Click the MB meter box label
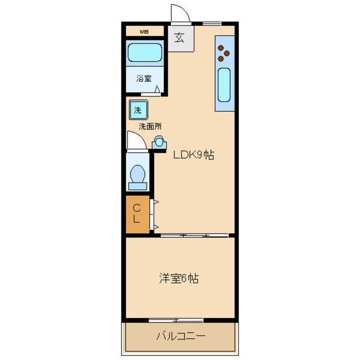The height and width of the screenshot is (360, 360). tap(144, 31)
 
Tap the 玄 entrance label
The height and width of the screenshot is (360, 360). tap(179, 38)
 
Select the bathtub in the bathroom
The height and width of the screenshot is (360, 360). tap(145, 55)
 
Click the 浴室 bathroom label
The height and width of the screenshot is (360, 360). tap(143, 78)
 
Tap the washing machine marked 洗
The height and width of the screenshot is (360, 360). tap(138, 110)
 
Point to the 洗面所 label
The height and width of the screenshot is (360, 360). tap(150, 127)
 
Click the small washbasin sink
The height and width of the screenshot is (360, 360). tap(160, 142)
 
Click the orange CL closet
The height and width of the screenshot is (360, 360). tap(137, 213)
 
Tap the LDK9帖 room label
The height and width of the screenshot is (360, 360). tap(194, 155)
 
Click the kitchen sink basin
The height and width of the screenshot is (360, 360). tap(224, 85)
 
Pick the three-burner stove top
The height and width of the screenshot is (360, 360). tap(224, 53)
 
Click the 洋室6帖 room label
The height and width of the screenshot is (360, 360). tap(179, 279)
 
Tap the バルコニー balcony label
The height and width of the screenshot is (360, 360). tap(180, 337)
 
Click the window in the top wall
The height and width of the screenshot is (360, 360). tap(212, 23)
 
